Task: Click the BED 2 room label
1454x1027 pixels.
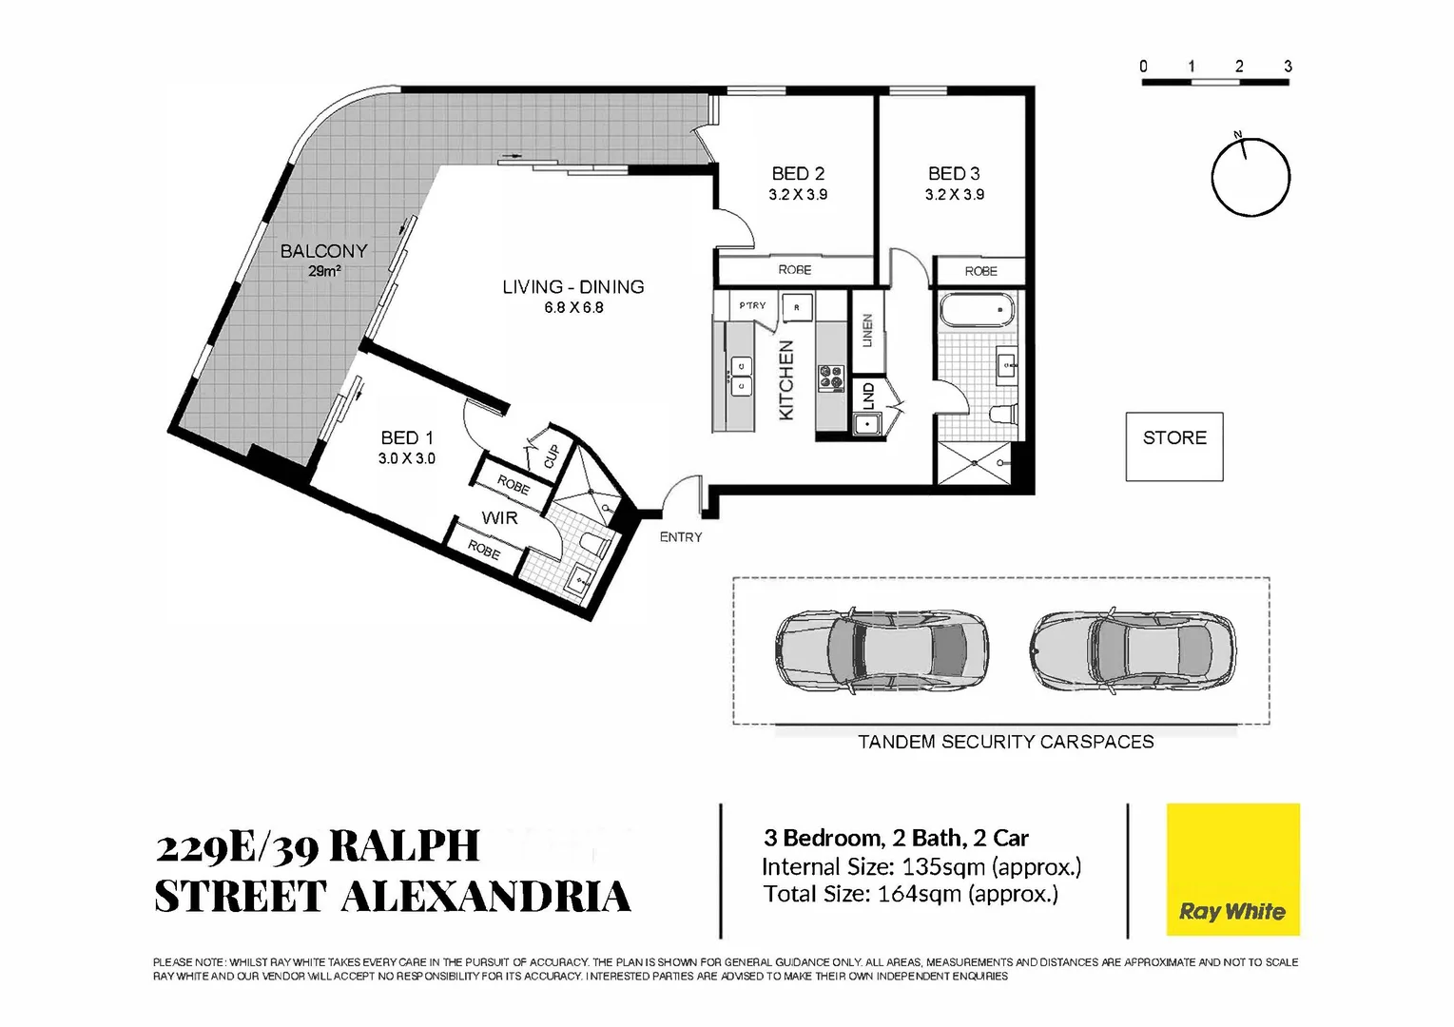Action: point(798,174)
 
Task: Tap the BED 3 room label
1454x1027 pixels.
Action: point(954,174)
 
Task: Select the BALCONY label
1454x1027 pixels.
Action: point(323,251)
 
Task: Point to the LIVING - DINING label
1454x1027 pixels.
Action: point(573,287)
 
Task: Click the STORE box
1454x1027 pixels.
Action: point(1174,446)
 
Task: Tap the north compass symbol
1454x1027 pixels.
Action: point(1250,177)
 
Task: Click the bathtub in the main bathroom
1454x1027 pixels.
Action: point(976,310)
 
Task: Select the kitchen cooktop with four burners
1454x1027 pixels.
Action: point(830,378)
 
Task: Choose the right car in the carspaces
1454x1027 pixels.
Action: point(1134,650)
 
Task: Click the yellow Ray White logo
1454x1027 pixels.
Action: point(1232,869)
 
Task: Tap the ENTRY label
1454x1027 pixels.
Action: point(681,537)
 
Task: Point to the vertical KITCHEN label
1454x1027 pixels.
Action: point(786,380)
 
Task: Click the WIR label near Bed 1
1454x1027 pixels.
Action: point(499,518)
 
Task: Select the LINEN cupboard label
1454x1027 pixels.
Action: point(867,330)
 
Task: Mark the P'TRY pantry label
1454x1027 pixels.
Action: point(752,305)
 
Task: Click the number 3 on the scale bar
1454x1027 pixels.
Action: point(1288,67)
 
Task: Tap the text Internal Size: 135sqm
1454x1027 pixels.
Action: point(921,866)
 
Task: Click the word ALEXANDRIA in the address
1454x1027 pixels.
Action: point(485,897)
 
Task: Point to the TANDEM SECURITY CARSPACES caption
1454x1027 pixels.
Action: point(1005,742)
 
